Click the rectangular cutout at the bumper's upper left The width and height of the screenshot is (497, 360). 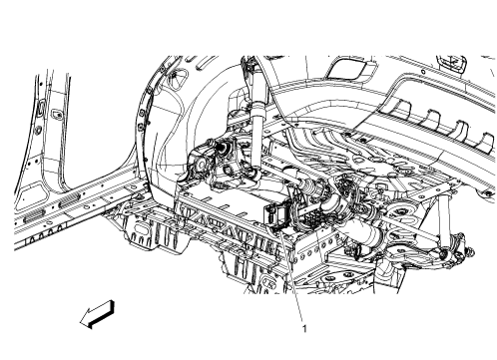[351, 69]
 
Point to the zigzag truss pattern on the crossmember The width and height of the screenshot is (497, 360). [215, 210]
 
